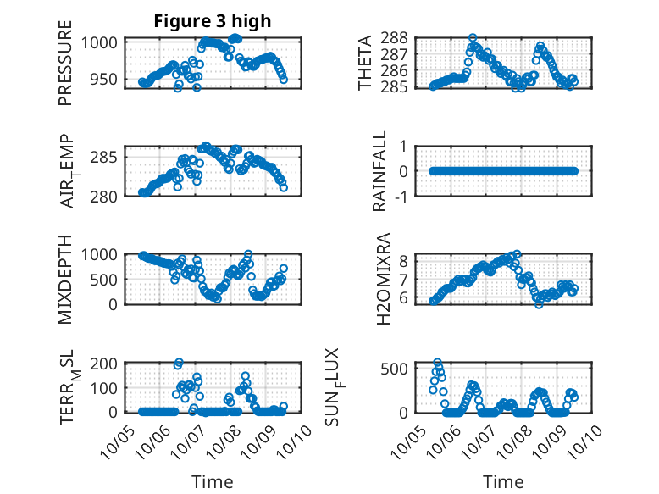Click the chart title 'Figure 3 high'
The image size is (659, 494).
[x=212, y=21]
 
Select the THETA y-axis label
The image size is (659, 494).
[x=365, y=64]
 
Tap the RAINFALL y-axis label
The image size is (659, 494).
[x=380, y=170]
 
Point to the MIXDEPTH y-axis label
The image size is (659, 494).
[x=65, y=280]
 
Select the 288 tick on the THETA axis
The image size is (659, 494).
[x=397, y=38]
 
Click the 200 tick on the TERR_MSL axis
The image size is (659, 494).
[x=107, y=364]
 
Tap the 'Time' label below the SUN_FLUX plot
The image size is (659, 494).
[x=503, y=482]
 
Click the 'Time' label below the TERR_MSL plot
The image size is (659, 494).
[x=212, y=482]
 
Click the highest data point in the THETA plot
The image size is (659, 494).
[x=473, y=38]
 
